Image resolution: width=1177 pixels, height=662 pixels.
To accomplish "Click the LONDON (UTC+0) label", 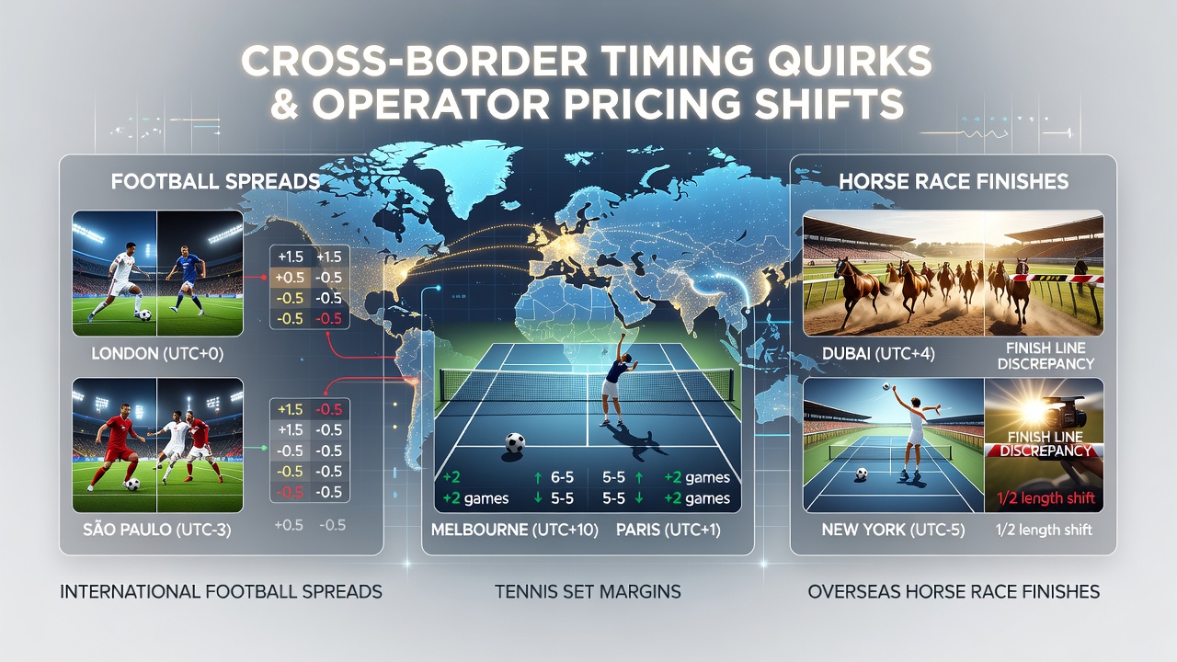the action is click(x=157, y=354).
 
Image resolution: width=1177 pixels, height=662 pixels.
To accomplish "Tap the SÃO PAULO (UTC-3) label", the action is click(x=157, y=530).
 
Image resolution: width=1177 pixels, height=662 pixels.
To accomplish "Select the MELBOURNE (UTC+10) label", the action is click(x=514, y=530).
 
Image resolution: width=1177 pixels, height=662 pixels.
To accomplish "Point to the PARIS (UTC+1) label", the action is click(x=668, y=530).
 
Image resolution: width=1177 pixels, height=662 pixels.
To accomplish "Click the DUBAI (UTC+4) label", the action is click(x=878, y=354).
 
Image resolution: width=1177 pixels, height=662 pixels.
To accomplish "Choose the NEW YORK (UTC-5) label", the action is click(x=893, y=530).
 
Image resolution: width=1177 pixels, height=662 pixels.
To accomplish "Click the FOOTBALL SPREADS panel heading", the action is click(x=215, y=181).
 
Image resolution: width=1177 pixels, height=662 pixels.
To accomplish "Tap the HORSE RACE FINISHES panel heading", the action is click(x=954, y=181).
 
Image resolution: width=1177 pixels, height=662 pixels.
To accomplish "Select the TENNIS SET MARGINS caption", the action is click(x=588, y=591).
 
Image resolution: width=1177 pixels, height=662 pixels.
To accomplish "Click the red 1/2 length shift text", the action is click(x=1046, y=498).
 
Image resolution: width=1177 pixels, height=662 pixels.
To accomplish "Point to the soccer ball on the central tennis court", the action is click(x=515, y=442).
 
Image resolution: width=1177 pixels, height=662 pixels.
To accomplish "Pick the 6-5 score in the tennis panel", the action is click(x=562, y=477).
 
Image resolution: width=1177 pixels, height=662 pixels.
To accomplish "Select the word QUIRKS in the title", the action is click(x=849, y=61).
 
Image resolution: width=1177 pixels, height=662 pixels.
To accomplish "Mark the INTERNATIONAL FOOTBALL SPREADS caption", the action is click(x=221, y=591).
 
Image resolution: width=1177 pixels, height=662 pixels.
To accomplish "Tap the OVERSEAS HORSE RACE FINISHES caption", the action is click(x=954, y=591).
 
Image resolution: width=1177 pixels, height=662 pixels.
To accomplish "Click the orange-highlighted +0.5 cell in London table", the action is click(x=290, y=278).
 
